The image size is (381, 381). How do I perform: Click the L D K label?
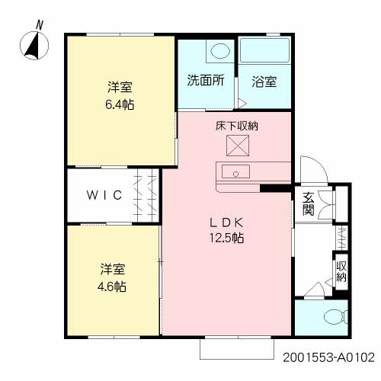(228, 222)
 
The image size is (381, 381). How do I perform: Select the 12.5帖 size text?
(228, 238)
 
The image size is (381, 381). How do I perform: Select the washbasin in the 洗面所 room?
(219, 51)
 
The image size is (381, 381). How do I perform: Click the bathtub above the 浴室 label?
(264, 50)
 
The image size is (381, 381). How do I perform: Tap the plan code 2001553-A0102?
(328, 357)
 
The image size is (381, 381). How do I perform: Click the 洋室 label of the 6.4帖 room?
(120, 86)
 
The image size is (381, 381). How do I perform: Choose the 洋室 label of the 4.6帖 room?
(114, 270)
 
